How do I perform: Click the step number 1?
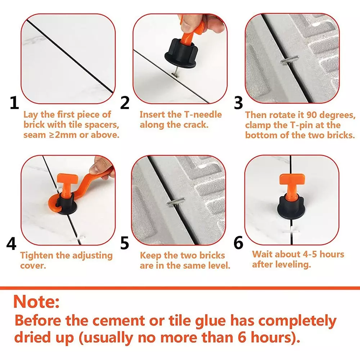[x=14, y=103]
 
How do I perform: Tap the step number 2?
[x=125, y=103]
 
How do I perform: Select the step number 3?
[x=238, y=103]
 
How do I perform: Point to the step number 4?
[x=12, y=244]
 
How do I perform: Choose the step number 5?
[x=125, y=243]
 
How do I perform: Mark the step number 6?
[x=238, y=243]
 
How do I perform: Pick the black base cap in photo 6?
[x=290, y=209]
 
